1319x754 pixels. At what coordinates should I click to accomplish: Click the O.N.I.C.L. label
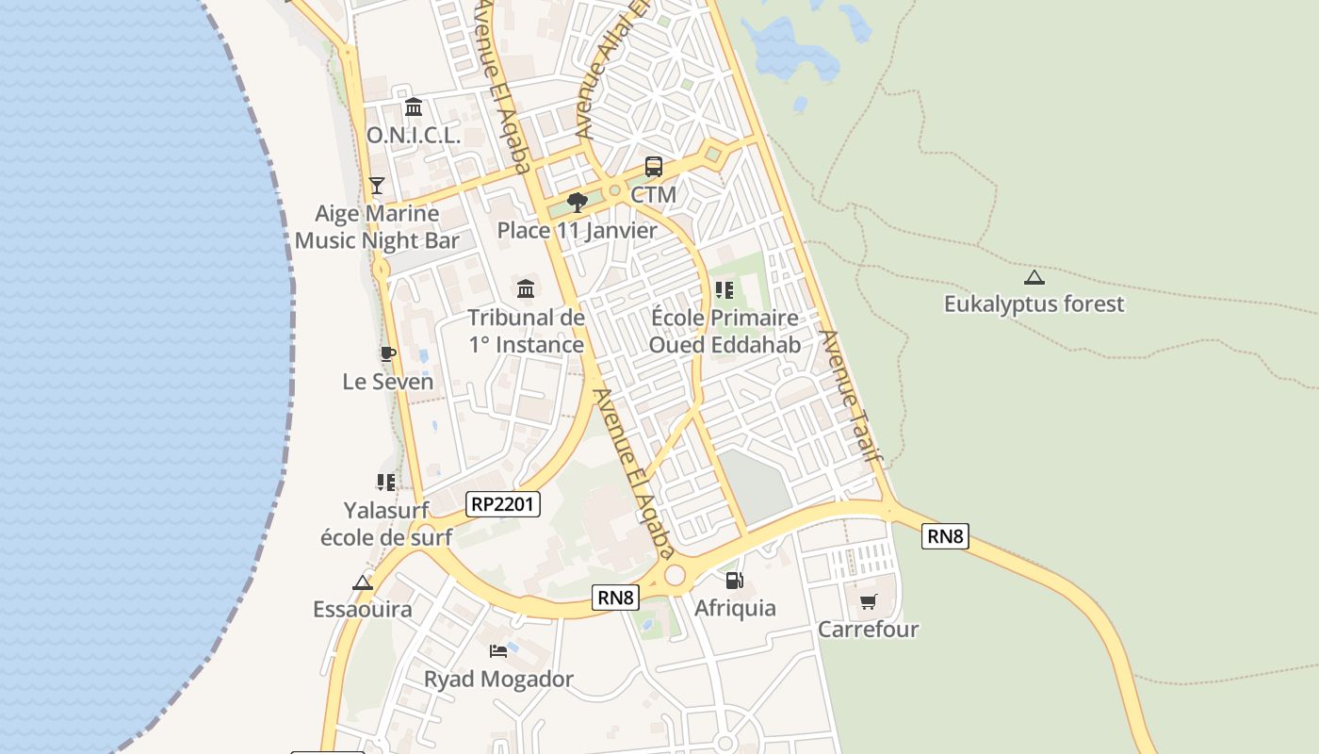click(413, 136)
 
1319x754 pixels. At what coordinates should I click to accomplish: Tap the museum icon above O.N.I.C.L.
click(413, 107)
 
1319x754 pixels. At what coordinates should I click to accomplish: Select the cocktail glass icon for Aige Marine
click(377, 185)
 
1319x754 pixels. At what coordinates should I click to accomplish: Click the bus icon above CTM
click(653, 167)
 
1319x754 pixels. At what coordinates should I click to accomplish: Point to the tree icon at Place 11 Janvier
click(578, 202)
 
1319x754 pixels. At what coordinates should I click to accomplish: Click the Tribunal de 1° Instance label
click(527, 331)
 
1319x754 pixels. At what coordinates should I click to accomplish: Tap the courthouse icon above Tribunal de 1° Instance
click(526, 287)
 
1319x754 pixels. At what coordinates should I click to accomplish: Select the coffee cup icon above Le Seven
click(387, 353)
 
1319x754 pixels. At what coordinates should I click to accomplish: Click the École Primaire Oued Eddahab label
click(725, 331)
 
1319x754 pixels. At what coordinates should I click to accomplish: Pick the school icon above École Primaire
click(724, 289)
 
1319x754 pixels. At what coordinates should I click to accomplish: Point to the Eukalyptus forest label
click(1034, 303)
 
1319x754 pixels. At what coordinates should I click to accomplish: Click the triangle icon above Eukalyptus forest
click(1034, 277)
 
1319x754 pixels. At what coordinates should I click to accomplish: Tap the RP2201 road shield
click(503, 504)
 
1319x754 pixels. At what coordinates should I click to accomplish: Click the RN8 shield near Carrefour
click(945, 536)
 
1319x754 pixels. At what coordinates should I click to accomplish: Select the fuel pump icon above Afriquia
click(735, 580)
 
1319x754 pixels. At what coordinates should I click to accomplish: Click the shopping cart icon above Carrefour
click(868, 600)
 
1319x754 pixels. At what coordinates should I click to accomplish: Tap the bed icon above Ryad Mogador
click(497, 650)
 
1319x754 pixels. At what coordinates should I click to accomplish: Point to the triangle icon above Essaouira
click(363, 582)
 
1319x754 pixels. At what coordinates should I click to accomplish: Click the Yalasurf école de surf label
click(386, 523)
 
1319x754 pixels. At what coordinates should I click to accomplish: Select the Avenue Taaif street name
click(850, 396)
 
